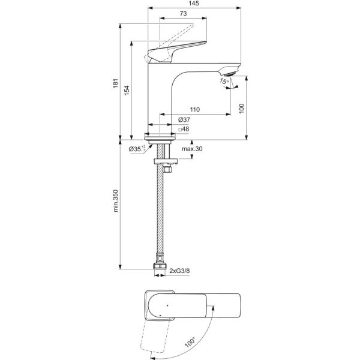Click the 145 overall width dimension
click(194, 3)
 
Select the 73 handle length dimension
click(183, 14)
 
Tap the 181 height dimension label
click(115, 83)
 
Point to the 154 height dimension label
click(127, 91)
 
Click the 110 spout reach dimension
click(194, 110)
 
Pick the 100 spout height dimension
click(242, 109)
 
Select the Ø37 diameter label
click(184, 119)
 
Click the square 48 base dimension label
click(184, 129)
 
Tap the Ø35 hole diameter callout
click(137, 149)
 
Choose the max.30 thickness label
click(192, 149)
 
